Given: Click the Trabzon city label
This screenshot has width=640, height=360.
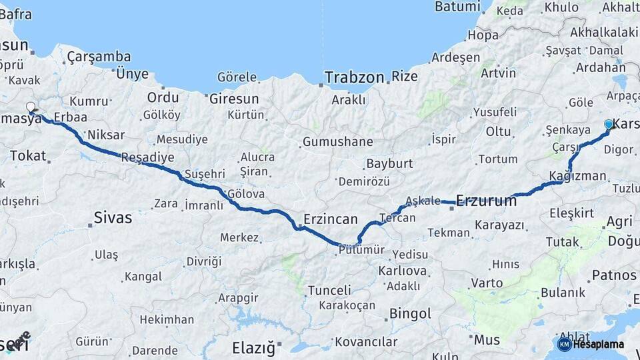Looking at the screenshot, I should pos(355,77).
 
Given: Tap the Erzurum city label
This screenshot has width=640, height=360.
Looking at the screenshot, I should pos(487,200).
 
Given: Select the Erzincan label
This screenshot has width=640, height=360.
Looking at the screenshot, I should pos(330,219).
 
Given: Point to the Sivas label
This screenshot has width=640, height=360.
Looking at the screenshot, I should pos(113,217).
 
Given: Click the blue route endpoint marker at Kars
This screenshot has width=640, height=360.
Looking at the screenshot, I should pos(608,124).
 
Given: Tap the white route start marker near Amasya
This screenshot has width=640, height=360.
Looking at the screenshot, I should pos(31,107).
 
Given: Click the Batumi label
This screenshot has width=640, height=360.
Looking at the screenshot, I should pos(457,7).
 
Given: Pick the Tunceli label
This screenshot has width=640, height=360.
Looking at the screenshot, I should pos(329,290).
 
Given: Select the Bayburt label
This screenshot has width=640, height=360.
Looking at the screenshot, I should pos(390,163).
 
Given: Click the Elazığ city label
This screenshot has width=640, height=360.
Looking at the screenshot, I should pos(253,347).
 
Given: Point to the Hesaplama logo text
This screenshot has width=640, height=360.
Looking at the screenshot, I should pos(598,344).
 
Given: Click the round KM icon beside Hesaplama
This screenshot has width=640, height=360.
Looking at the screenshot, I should pos(564,344).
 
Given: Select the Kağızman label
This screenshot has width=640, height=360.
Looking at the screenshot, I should pos(577,176).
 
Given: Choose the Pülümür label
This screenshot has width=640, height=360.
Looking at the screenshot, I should pos(361,249).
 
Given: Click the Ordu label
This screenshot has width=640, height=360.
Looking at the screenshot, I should pos(163,97).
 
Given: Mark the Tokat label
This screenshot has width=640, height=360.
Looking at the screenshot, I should pos(28,156).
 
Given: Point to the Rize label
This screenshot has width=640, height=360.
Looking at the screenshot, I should pos(404,76).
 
